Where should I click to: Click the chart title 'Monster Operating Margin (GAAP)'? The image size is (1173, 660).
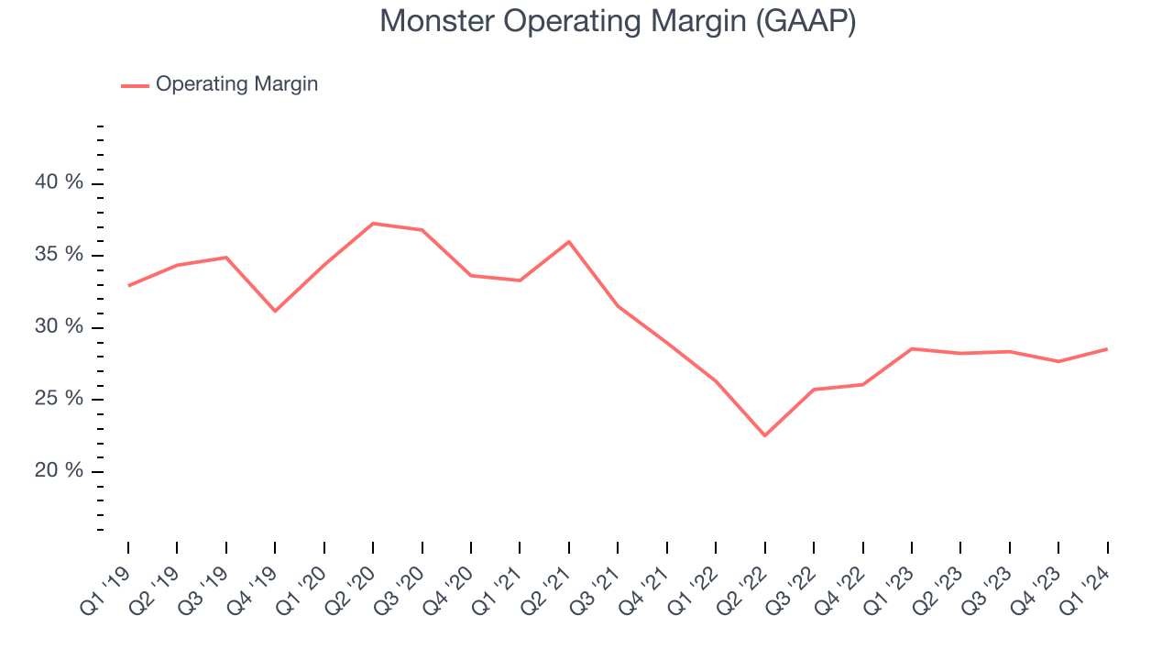point(618,21)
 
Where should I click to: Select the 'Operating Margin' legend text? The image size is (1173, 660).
point(236,84)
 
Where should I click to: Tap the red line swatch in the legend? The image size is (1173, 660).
point(135,85)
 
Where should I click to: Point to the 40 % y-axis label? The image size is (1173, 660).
point(59,182)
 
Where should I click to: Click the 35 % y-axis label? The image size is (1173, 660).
point(59,254)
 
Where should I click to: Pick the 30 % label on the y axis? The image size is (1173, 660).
point(59,326)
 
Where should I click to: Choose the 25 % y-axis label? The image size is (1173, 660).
point(59,399)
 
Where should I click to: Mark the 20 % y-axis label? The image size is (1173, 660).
point(59,470)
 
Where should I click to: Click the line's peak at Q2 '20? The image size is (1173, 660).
point(373,223)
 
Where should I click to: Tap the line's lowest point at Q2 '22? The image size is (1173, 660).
point(764,435)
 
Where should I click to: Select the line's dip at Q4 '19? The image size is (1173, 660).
point(275,311)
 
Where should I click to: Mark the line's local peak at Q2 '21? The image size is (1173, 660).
point(569,241)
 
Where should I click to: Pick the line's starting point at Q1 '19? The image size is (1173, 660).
point(128,285)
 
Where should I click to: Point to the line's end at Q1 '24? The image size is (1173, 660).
point(1107,348)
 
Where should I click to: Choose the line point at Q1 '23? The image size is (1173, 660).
point(912,348)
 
